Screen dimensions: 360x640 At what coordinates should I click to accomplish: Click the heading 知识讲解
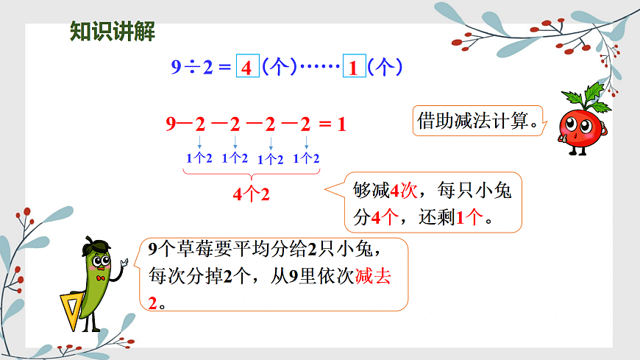coord(113,32)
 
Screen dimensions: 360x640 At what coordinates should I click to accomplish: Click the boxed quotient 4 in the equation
coord(247,68)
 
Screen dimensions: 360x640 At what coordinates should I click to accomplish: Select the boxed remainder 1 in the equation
coord(354,68)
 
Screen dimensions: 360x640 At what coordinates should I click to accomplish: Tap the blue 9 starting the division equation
coord(176,68)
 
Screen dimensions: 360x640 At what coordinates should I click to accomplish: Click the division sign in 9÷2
coord(191,68)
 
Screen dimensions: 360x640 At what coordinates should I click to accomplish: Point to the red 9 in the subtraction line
coord(171,124)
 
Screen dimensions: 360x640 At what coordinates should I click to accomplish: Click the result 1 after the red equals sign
coord(341,124)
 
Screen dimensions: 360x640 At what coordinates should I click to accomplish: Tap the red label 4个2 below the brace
coord(251,194)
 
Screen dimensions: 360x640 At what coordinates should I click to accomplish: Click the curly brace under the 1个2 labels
coord(251,174)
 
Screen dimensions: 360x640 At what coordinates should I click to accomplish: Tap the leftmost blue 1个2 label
coord(199,158)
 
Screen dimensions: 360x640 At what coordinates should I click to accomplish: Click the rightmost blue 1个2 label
coord(306,158)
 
